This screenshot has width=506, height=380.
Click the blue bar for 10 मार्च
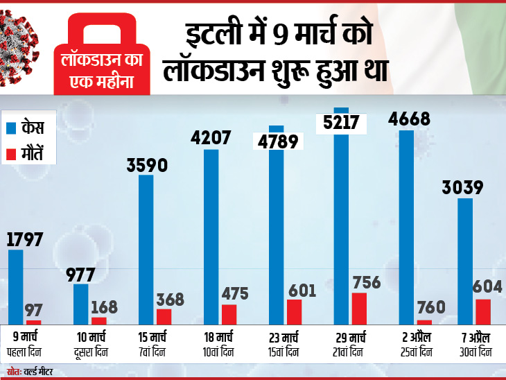81,304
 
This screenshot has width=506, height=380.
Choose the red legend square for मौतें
11,154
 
